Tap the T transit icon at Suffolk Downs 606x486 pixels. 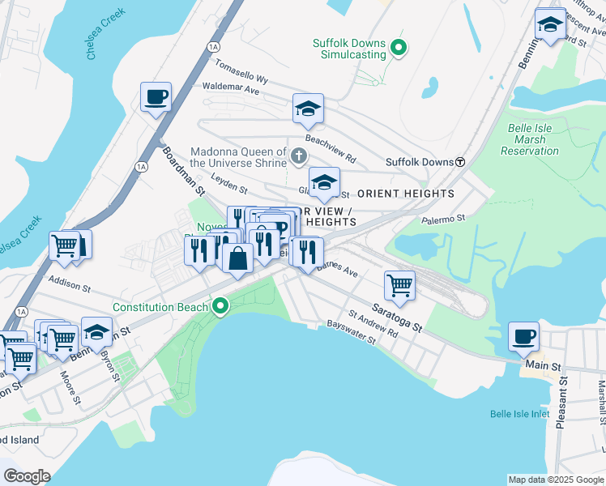coord(460,162)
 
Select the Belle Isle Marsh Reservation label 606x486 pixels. coord(530,139)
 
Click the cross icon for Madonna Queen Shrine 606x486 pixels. coord(298,156)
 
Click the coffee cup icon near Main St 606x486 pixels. coord(523,335)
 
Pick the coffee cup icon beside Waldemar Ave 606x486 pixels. coord(156,97)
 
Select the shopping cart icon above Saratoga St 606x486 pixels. coord(399,283)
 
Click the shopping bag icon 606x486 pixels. coord(237,258)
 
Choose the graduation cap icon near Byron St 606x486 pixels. coord(96,331)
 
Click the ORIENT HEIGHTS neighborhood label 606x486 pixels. coord(406,194)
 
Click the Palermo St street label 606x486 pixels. coord(443,218)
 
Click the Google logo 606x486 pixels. coord(27,476)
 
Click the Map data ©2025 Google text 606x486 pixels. coord(556,480)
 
